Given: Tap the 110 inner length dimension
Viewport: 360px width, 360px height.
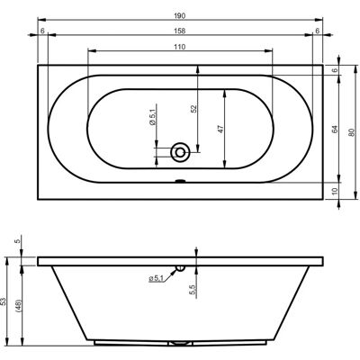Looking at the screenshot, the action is [x=179, y=47].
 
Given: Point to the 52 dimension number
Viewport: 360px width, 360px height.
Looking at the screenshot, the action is [x=193, y=108].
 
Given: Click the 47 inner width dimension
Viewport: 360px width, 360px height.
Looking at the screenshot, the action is [x=220, y=130].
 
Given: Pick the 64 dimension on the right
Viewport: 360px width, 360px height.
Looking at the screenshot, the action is [x=335, y=129].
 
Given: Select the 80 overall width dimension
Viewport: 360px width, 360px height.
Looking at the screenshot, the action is [x=352, y=132].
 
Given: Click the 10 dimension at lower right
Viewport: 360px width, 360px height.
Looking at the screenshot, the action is [x=335, y=191].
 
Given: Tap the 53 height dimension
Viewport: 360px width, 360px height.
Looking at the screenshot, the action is [x=4, y=301].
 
